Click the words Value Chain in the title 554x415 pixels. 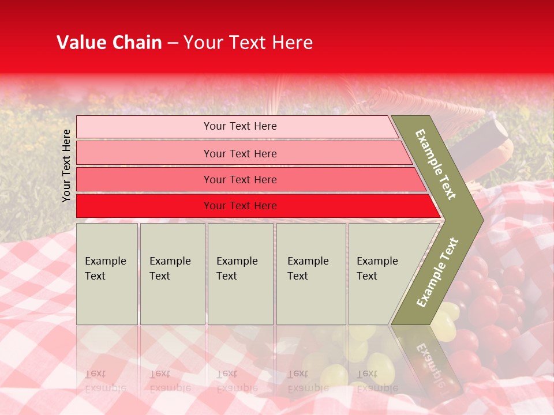[x=109, y=43]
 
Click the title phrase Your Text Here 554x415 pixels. [x=248, y=43]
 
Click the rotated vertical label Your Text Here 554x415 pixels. [x=66, y=165]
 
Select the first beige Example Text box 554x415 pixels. [x=107, y=274]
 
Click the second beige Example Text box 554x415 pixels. [x=172, y=274]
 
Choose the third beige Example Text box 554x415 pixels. [x=240, y=274]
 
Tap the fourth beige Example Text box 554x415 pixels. [x=311, y=274]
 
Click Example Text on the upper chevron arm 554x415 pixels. [x=436, y=164]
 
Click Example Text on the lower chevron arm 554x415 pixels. [x=437, y=272]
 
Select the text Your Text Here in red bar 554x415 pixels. [x=240, y=206]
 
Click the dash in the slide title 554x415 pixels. [x=173, y=43]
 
